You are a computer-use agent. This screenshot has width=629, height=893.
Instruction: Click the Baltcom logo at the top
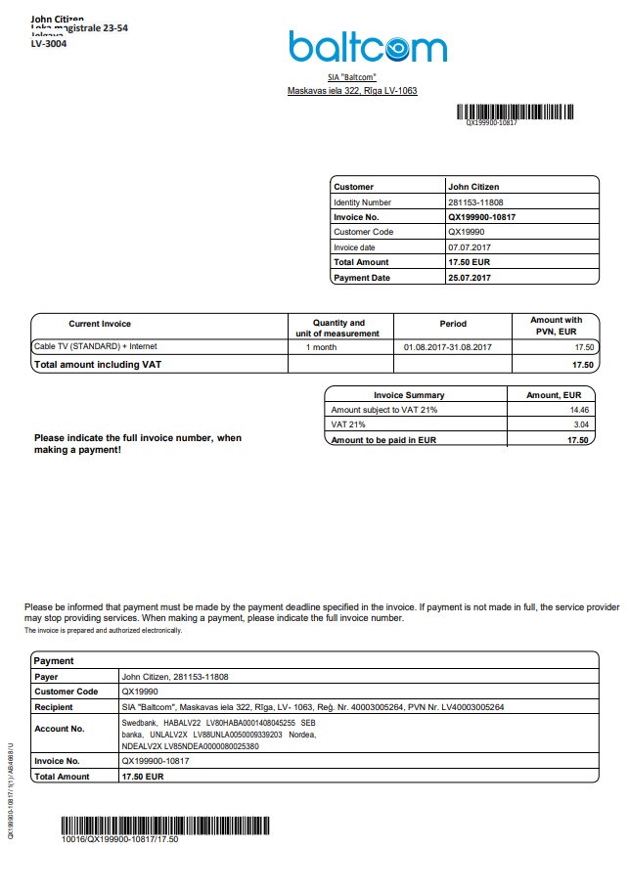(x=367, y=46)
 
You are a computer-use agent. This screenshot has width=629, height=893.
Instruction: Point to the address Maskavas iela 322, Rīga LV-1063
(x=352, y=91)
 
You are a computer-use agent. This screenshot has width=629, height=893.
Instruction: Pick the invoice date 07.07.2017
(x=470, y=247)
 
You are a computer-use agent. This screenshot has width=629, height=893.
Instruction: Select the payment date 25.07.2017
(x=471, y=278)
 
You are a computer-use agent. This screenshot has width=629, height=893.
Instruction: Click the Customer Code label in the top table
(x=363, y=232)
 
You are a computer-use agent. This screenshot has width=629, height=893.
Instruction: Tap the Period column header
(x=453, y=323)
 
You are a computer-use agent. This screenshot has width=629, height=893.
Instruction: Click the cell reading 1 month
(x=322, y=347)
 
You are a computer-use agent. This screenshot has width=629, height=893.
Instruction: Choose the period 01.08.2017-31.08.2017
(x=447, y=347)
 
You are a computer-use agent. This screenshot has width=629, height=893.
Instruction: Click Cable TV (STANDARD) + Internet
(x=95, y=346)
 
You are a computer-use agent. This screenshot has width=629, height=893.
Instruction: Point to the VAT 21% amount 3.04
(x=580, y=425)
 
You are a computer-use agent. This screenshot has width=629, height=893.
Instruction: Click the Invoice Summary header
(x=409, y=395)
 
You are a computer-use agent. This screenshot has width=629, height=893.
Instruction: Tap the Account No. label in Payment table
(x=59, y=729)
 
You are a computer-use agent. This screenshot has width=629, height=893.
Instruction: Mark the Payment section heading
(x=54, y=661)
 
